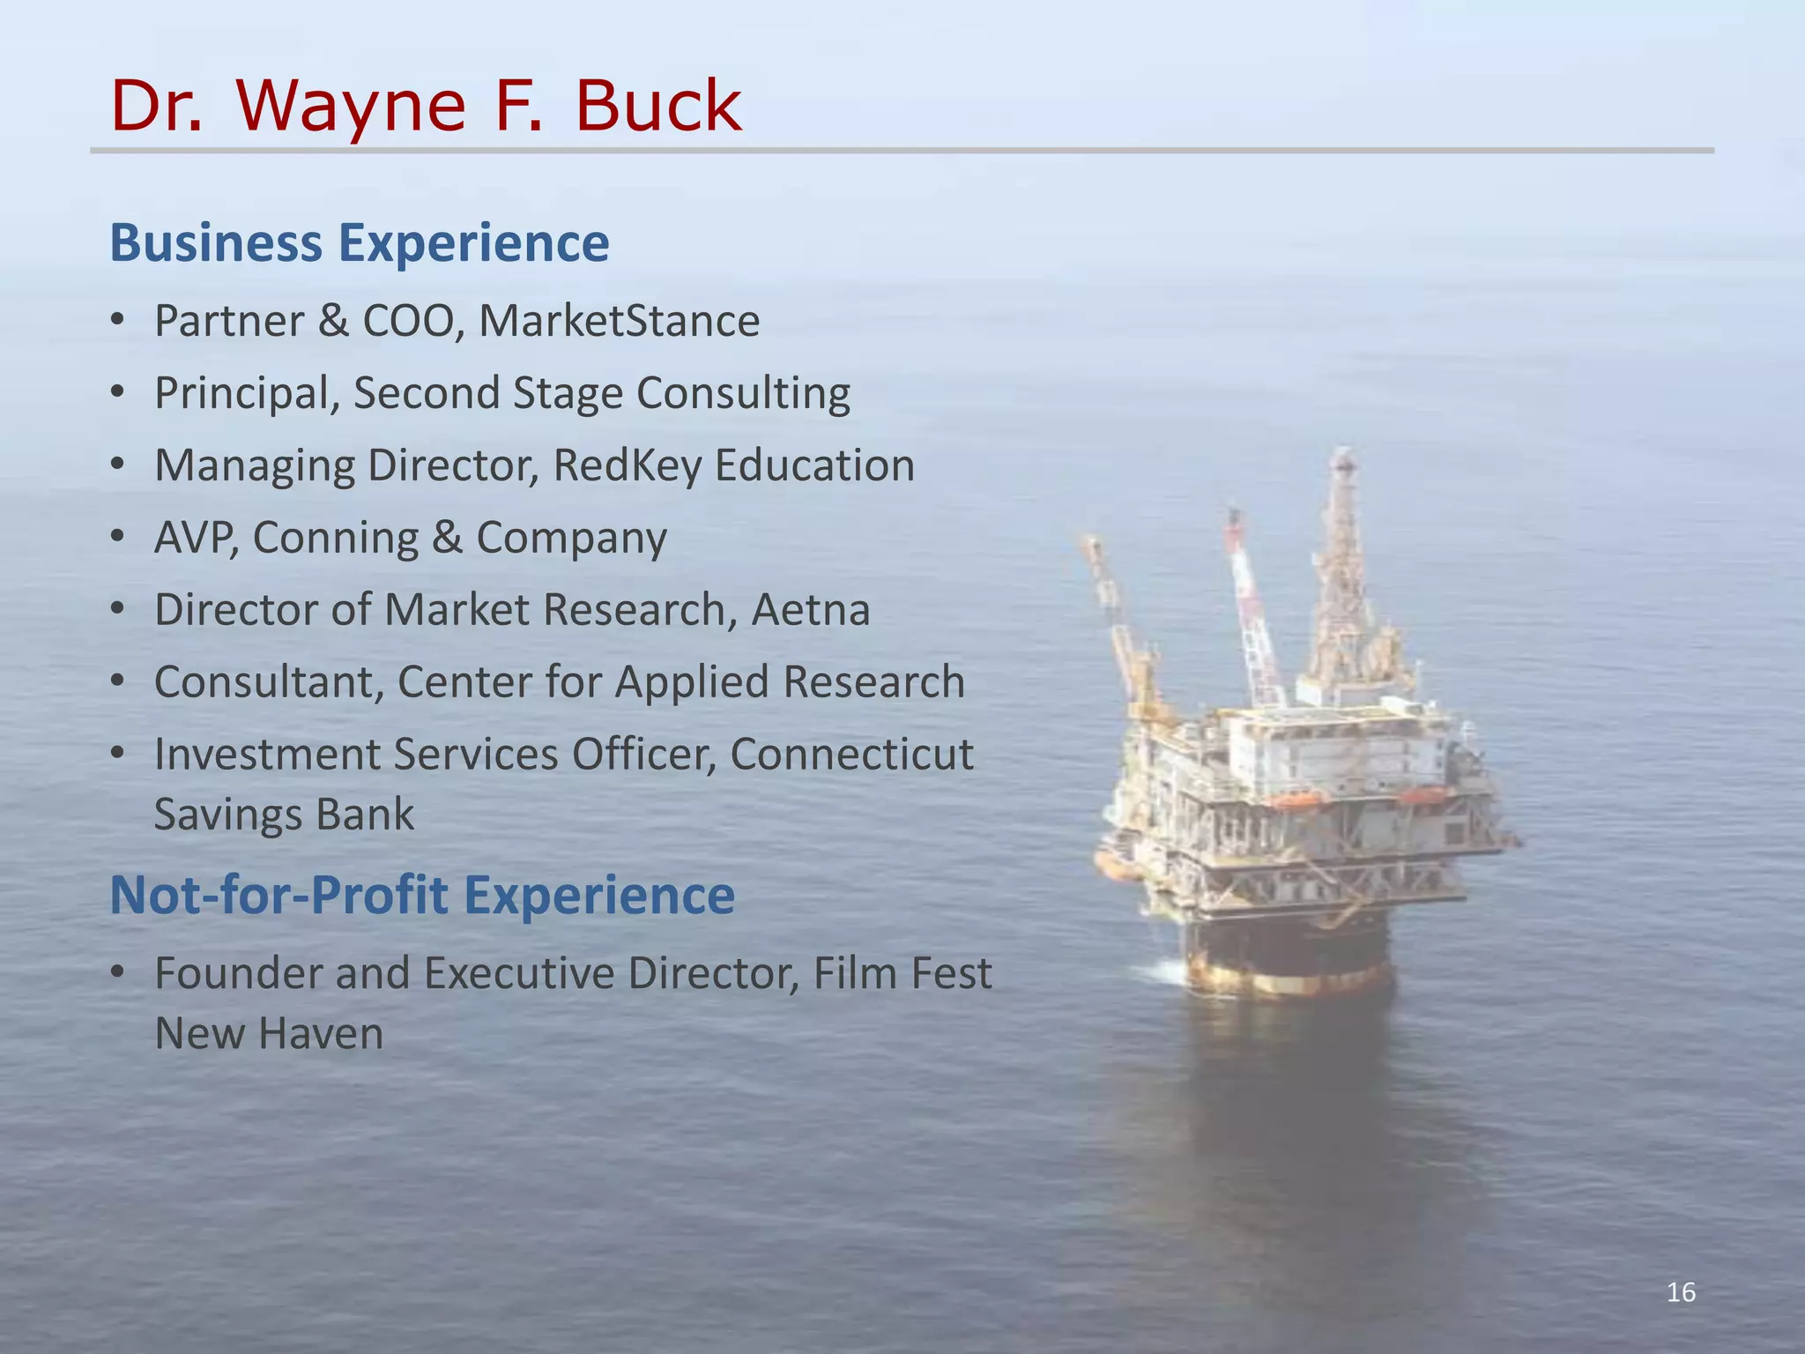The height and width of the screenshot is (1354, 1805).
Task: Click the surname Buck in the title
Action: click(x=658, y=106)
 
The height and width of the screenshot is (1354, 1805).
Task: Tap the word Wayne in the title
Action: click(x=351, y=108)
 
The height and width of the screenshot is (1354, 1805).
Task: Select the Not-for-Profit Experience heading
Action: click(x=422, y=895)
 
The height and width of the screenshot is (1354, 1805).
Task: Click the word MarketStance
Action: click(x=619, y=320)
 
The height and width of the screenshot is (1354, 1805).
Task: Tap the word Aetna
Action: click(x=811, y=610)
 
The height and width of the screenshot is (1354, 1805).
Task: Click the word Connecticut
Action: click(x=851, y=755)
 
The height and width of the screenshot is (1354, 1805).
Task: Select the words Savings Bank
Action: click(x=284, y=814)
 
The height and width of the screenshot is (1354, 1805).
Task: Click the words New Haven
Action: click(x=269, y=1033)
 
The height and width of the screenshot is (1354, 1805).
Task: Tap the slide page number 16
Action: click(x=1681, y=1293)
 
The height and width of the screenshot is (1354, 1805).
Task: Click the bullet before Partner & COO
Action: click(x=118, y=320)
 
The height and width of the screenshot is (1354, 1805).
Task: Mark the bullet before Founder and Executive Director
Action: click(x=118, y=973)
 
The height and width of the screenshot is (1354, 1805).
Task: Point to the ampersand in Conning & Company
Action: click(x=447, y=538)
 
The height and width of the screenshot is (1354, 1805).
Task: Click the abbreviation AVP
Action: click(x=196, y=538)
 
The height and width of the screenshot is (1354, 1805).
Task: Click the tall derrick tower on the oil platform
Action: click(x=1343, y=564)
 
